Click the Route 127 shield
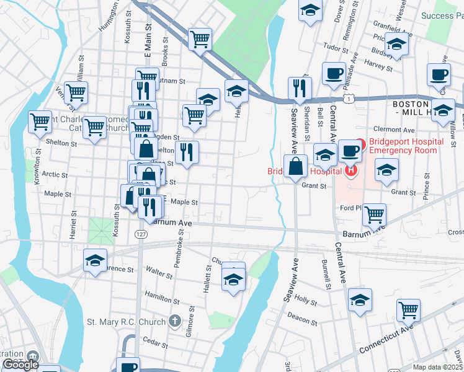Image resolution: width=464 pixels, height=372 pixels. point(141,234)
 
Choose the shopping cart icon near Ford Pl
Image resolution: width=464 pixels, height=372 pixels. point(375,215)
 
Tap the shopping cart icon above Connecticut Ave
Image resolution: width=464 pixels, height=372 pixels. point(408,309)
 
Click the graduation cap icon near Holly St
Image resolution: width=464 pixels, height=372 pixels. point(360,300)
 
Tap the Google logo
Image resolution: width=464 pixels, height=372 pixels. point(20,365)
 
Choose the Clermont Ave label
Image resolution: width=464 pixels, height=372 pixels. point(398,130)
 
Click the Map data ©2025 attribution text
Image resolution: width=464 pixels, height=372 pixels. point(437,367)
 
